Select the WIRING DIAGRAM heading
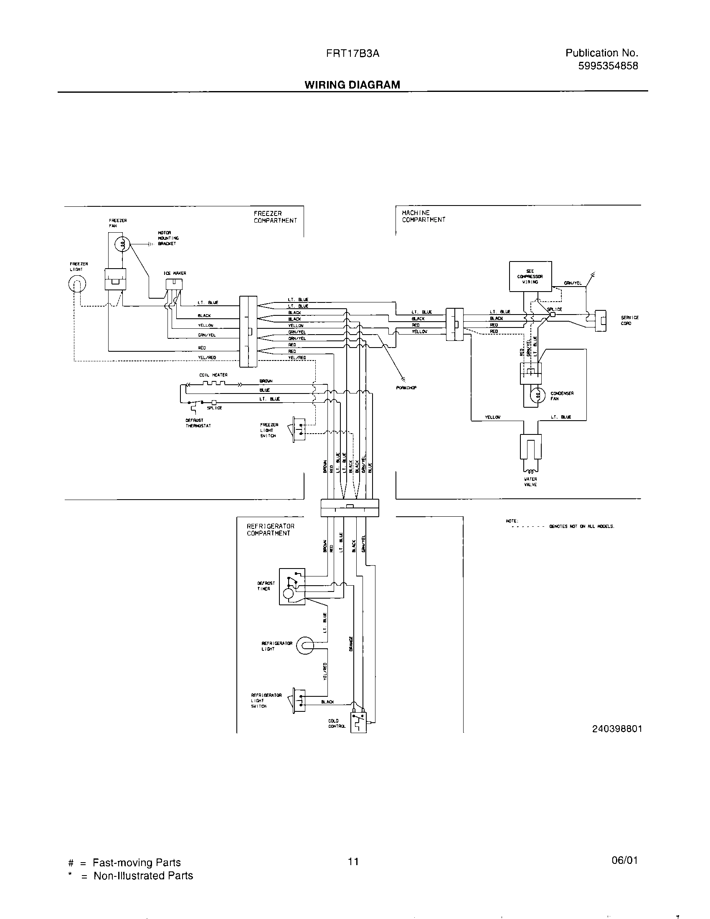point(352,84)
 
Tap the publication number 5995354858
point(608,66)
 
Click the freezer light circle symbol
point(77,285)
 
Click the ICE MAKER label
point(175,273)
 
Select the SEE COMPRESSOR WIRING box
point(530,277)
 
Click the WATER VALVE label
point(530,481)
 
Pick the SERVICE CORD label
point(629,320)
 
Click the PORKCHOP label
point(406,388)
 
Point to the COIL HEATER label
point(213,375)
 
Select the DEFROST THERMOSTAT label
point(198,423)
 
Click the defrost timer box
point(292,586)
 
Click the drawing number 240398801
point(616,729)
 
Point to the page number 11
point(353,861)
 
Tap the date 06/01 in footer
point(625,860)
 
